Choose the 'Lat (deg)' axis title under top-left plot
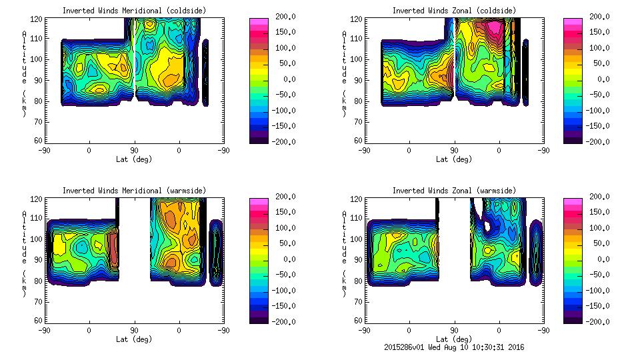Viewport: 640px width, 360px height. [135, 159]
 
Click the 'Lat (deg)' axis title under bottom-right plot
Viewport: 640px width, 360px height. [455, 339]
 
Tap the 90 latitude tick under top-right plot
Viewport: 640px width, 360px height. [454, 151]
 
